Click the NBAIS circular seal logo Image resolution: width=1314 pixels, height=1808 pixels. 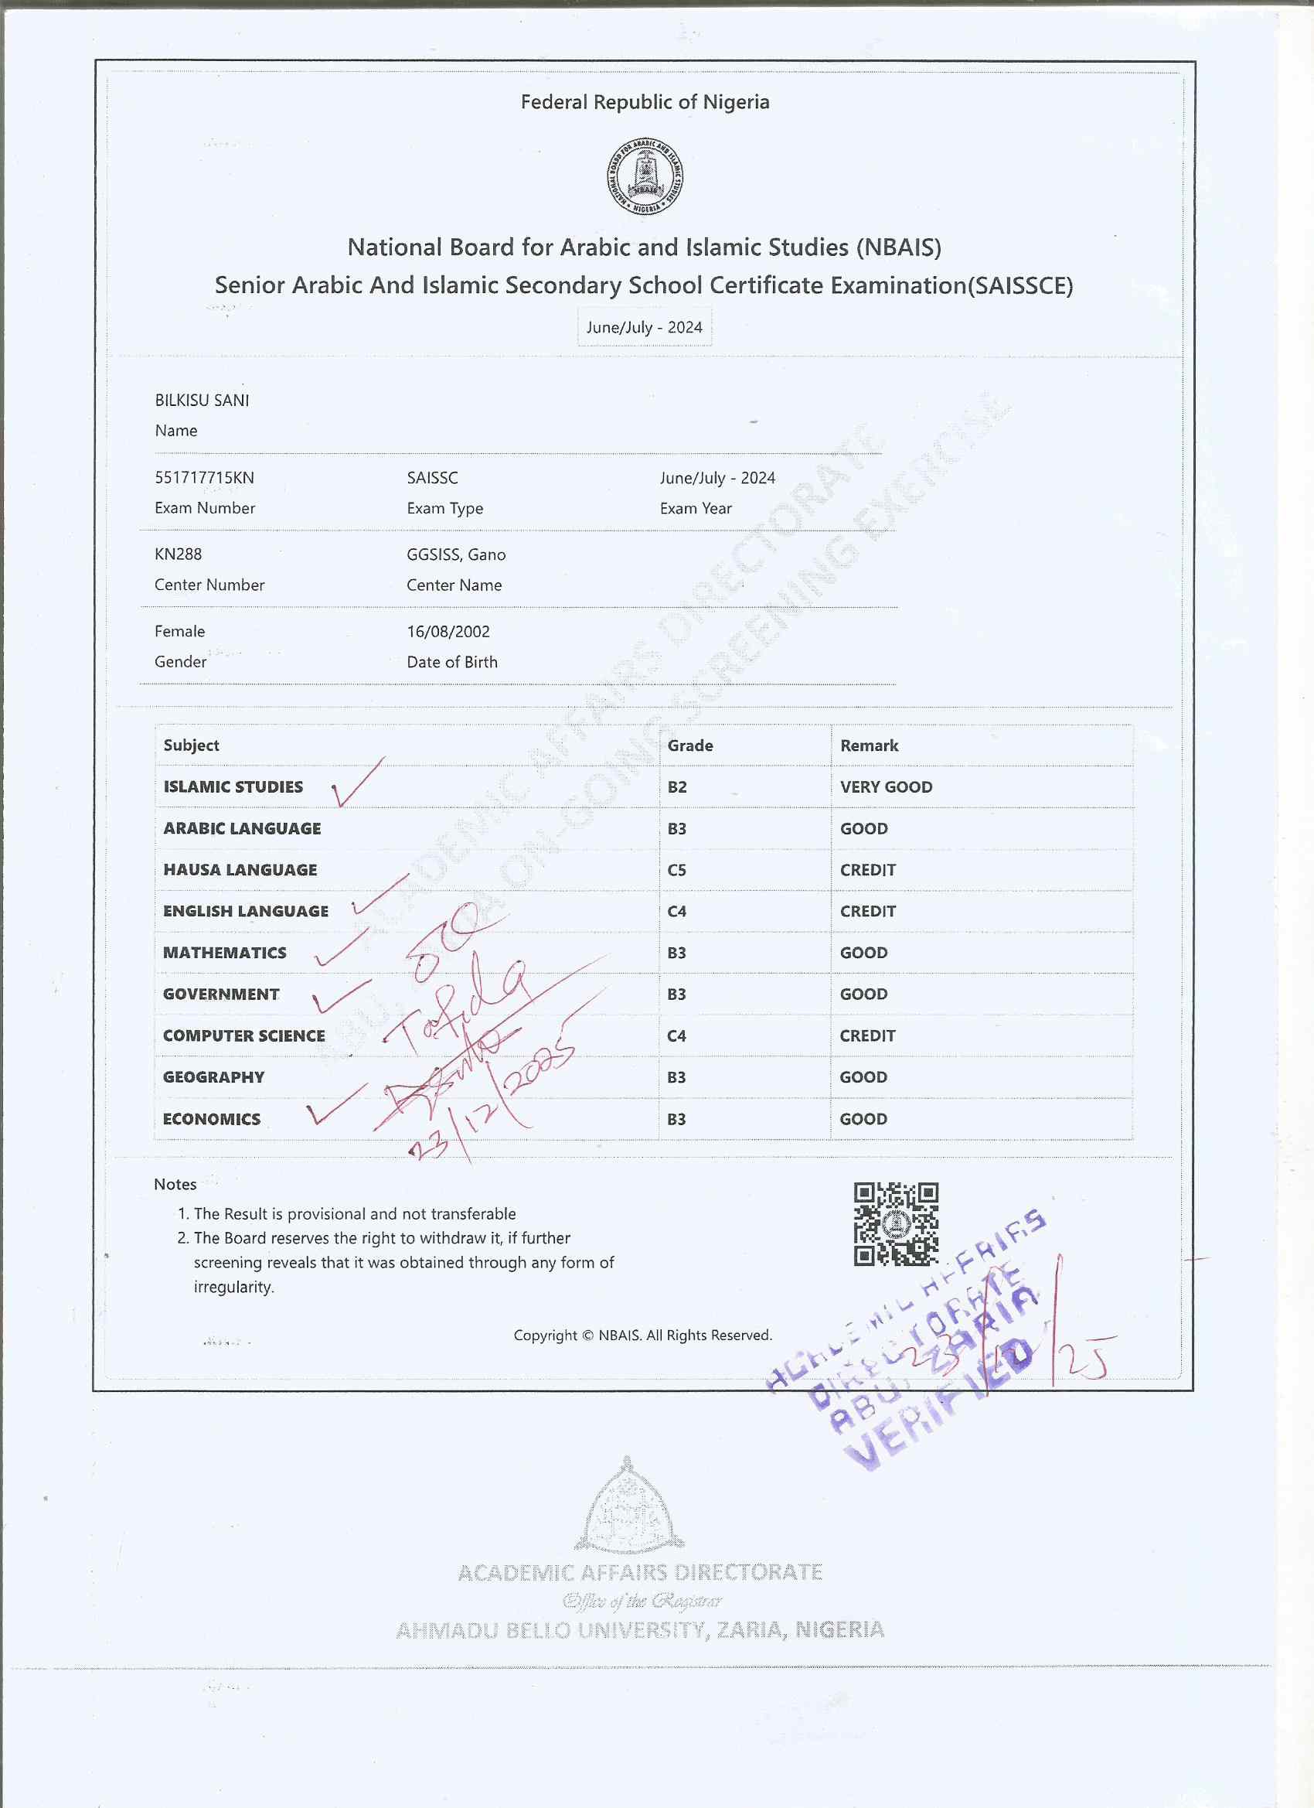(645, 176)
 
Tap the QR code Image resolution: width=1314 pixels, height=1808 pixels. (896, 1223)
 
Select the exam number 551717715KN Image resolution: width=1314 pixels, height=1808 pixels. (205, 477)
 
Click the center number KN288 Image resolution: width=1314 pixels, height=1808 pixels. (179, 554)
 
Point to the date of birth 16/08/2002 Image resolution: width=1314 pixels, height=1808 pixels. (448, 631)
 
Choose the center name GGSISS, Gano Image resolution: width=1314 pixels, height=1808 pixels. (456, 554)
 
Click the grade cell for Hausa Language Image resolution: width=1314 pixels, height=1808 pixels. (676, 870)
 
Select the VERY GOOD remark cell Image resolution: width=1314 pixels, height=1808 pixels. (886, 786)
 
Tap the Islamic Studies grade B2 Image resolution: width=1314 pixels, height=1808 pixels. (677, 786)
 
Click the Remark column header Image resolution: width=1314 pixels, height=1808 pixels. (870, 745)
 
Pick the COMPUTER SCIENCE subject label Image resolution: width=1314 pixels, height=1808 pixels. (243, 1035)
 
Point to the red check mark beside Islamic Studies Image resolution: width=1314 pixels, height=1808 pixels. (356, 783)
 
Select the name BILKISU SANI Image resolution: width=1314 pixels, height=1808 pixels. (203, 400)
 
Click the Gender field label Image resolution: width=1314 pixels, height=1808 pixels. (181, 662)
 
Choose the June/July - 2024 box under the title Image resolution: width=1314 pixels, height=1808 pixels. (644, 328)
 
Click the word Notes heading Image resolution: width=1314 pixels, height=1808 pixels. (175, 1184)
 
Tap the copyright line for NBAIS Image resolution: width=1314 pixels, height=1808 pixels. (642, 1336)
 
